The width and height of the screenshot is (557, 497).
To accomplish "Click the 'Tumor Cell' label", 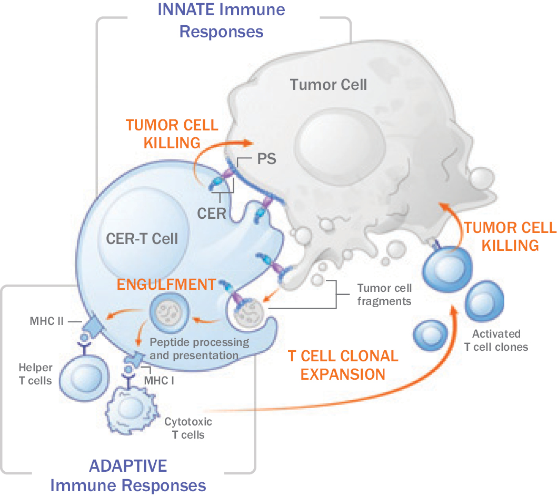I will pyautogui.click(x=329, y=84).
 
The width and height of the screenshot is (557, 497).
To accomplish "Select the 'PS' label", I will pyautogui.click(x=267, y=158).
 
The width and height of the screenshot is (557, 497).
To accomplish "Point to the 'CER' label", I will pyautogui.click(x=212, y=214).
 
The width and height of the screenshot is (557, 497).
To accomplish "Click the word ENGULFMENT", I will pyautogui.click(x=166, y=285).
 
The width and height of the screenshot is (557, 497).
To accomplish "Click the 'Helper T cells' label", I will pyautogui.click(x=35, y=373).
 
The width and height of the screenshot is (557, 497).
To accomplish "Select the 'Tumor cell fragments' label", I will pyautogui.click(x=384, y=295).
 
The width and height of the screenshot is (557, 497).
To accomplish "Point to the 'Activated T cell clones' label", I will pyautogui.click(x=496, y=340).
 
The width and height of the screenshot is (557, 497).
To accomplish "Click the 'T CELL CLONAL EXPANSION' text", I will pyautogui.click(x=343, y=364).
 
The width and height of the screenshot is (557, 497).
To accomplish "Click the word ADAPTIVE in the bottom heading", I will pyautogui.click(x=128, y=465).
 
